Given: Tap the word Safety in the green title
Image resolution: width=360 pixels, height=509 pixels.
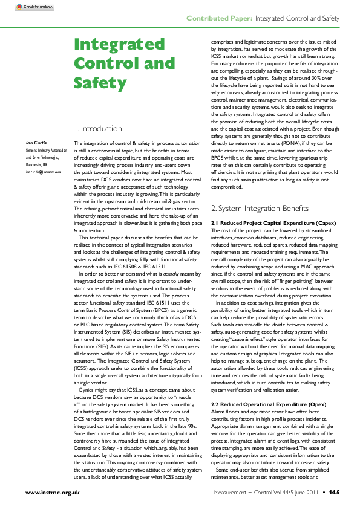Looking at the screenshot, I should pos(96,82).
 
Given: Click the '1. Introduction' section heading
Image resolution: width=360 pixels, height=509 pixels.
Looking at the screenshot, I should pos(97,129).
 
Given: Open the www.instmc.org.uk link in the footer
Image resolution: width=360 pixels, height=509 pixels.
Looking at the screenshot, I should pos(53,493).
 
